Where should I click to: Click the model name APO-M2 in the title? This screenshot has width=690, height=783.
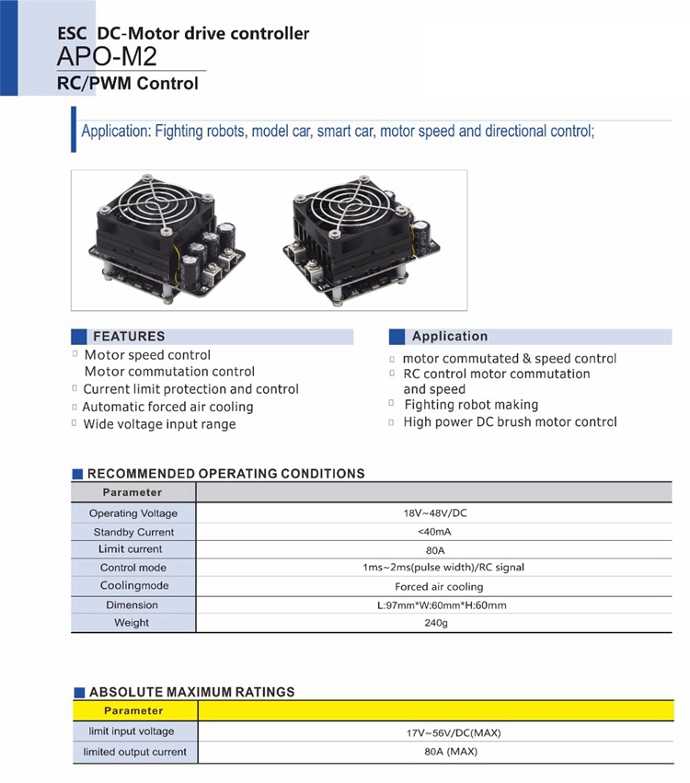107,57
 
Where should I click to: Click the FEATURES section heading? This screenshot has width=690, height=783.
128,337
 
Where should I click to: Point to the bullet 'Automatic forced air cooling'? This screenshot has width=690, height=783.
167,407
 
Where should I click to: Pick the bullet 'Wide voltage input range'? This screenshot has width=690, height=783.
159,424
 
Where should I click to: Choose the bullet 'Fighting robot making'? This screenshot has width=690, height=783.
471,405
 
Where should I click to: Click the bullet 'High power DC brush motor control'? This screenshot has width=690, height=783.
510,422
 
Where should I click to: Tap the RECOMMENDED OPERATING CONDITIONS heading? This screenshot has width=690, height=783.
225,474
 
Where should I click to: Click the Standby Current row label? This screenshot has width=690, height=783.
133,532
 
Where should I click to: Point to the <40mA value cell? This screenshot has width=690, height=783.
434,532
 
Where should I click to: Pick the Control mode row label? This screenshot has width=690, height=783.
133,568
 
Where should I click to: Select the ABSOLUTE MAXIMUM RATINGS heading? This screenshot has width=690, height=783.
191,692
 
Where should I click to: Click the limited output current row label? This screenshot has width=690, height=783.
134,752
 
